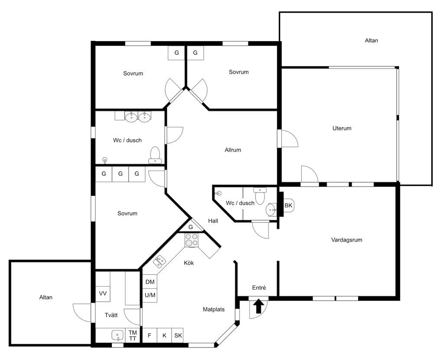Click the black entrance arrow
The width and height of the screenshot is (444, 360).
point(258,307)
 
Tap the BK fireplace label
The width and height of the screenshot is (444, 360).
point(288,205)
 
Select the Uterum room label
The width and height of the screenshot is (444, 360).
point(342,128)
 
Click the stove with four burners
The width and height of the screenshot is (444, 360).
point(192,240)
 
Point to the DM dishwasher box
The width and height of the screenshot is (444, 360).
point(150,282)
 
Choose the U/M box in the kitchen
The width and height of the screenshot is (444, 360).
point(150,295)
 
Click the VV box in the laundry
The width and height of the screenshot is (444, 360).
point(103,294)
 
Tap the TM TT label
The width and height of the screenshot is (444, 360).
point(133,335)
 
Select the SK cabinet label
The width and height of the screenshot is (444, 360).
point(178,336)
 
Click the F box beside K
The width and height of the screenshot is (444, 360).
point(150,336)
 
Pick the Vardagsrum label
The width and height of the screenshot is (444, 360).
point(346,240)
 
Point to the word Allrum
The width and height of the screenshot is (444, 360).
point(233,150)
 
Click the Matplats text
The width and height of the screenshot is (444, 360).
point(213,309)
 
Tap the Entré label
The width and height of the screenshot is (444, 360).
point(259,288)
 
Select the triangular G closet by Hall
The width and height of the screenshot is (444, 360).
point(191,226)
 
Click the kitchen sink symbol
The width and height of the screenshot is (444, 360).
point(160,261)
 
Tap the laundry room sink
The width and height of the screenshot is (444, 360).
point(118,335)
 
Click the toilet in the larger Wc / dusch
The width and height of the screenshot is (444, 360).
point(155,155)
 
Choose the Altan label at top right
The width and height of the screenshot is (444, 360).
point(371,40)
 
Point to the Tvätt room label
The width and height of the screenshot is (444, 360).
point(111,315)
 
